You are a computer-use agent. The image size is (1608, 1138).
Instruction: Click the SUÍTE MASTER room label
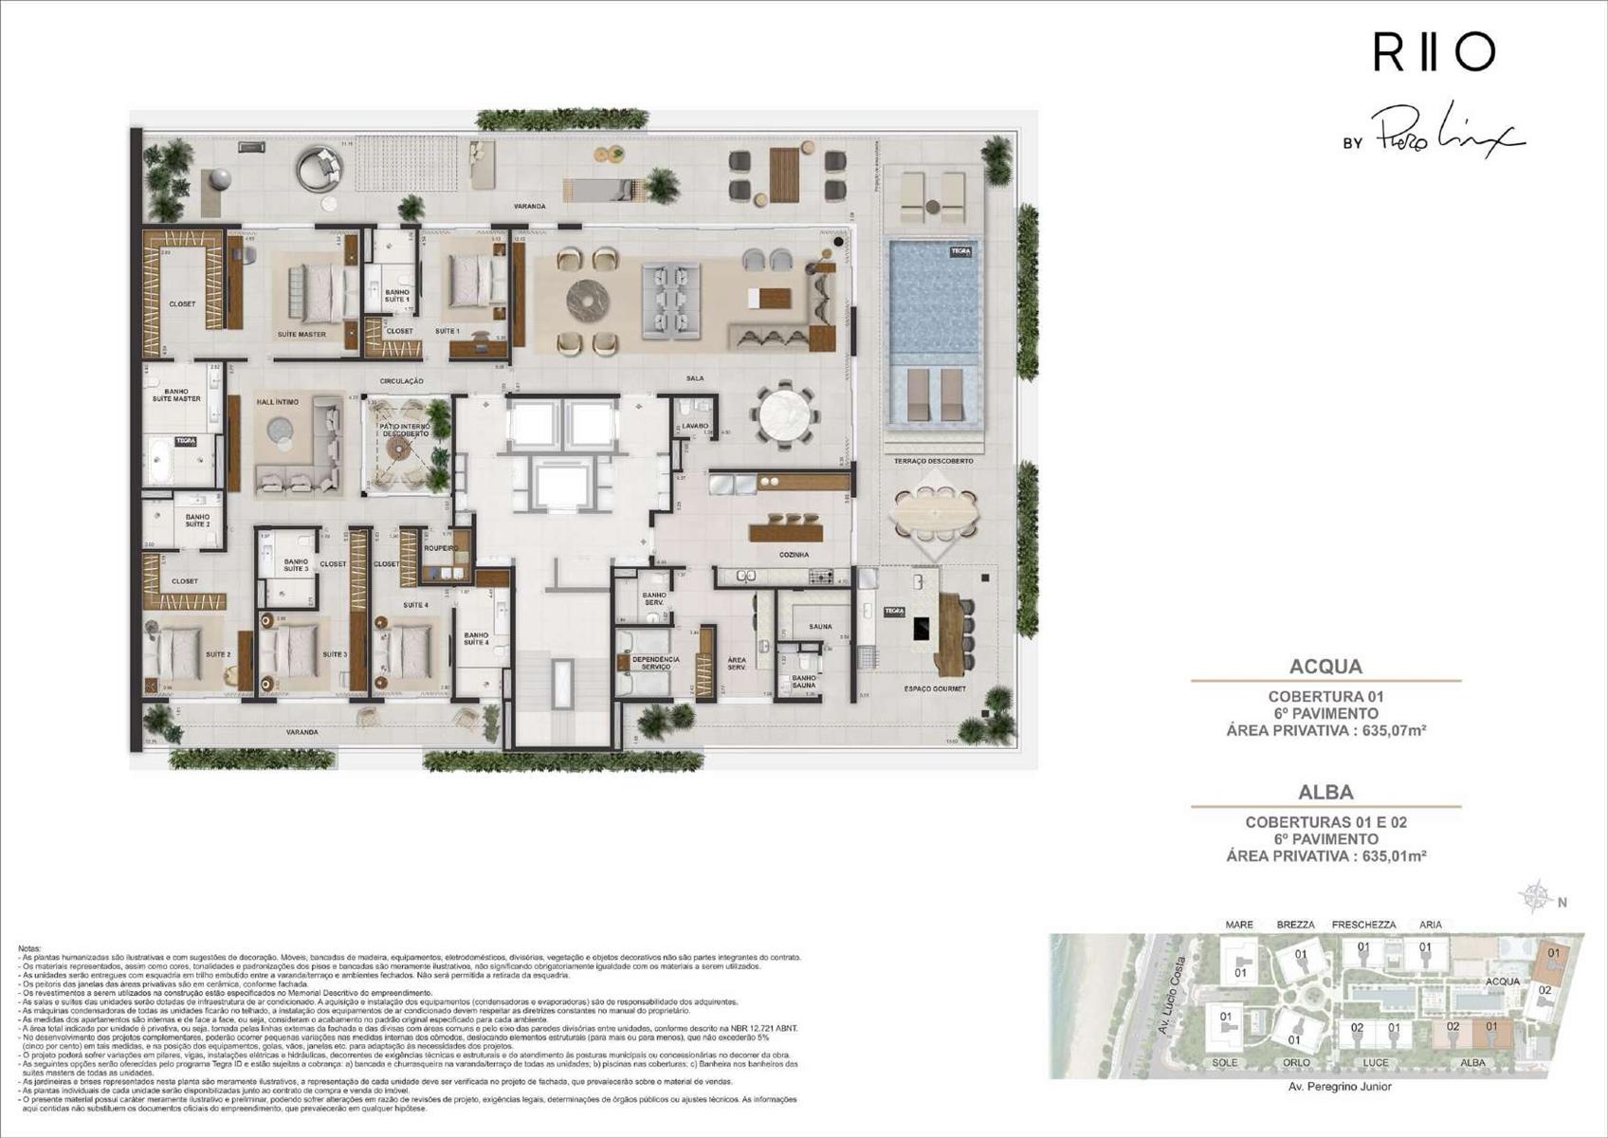point(301,335)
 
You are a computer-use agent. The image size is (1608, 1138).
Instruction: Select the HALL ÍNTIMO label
point(277,402)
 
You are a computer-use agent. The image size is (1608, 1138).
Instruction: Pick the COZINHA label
point(794,555)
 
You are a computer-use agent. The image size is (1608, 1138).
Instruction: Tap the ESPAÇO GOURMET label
point(935,689)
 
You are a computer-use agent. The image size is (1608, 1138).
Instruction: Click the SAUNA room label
point(820,627)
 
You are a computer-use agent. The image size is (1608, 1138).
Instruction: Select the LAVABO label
point(695,427)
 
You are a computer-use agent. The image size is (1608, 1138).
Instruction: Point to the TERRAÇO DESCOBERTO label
point(933,461)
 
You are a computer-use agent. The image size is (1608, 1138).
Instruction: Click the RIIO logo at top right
point(1434,52)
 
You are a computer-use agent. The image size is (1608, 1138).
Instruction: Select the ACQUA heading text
point(1325,666)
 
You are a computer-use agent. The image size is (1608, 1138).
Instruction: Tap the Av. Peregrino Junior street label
point(1340,1087)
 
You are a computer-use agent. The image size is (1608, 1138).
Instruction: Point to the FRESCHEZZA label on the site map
point(1363,925)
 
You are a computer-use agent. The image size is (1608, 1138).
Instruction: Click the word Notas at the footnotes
point(29,948)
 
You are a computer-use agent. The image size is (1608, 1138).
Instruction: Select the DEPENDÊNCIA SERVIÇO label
point(655,663)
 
